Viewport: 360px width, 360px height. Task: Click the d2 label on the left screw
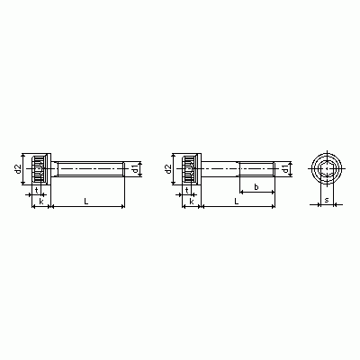pos(19,168)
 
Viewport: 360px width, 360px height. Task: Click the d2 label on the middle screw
pos(168,168)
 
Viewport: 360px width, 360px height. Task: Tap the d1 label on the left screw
pos(135,169)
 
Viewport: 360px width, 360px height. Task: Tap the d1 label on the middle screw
pos(285,169)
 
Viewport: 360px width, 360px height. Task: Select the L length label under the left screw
pos(86,202)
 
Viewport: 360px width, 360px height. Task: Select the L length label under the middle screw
pos(237,202)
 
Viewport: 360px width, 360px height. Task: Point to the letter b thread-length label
pos(256,187)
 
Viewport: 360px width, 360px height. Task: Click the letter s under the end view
pos(327,200)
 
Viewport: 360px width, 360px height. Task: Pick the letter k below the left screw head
pos(41,201)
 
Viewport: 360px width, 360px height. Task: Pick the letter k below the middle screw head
pos(192,201)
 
